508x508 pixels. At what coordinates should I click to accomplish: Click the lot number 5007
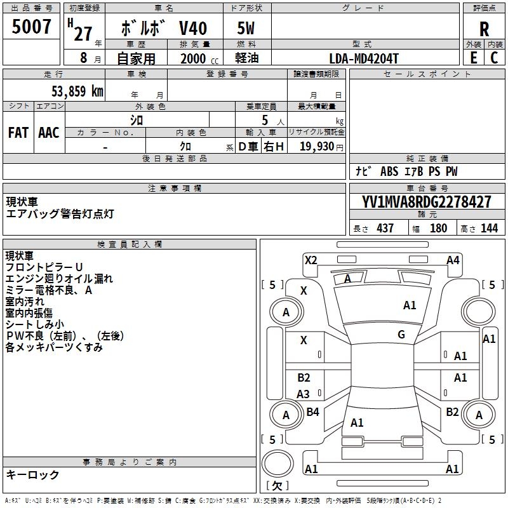pos(32,27)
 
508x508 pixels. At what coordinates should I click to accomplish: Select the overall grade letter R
pos(484,29)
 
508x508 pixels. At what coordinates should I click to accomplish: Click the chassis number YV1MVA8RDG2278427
pos(427,203)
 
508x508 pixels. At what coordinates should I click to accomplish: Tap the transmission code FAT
pos(18,133)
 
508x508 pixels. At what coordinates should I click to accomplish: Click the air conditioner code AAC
pos(48,133)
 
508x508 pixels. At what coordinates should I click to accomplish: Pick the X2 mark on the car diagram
pos(311,260)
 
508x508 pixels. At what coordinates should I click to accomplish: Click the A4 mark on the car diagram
pos(453,260)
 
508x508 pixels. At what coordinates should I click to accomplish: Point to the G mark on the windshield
pos(401,335)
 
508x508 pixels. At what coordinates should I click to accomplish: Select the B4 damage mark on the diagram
pos(312,412)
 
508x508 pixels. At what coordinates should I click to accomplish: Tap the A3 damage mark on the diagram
pos(304,394)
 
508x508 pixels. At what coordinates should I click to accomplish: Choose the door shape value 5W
pos(246,29)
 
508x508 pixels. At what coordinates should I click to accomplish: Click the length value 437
pos(385,229)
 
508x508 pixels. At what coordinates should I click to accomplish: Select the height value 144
pos(489,229)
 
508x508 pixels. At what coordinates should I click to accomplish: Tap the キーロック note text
pos(32,474)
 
